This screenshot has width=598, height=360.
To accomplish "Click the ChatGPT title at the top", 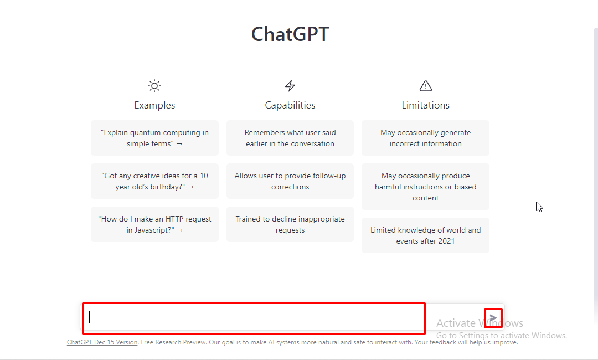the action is [290, 34].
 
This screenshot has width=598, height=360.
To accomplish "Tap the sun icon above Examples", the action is [154, 86].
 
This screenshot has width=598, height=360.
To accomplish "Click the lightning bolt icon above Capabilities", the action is [290, 86].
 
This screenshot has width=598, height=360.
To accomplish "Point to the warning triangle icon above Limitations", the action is [426, 86].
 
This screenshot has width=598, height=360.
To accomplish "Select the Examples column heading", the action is [154, 105].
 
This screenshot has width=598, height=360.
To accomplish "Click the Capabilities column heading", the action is [290, 105].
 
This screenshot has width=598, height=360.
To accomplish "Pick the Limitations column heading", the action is [426, 105].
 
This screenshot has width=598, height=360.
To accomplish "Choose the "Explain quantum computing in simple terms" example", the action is [154, 138].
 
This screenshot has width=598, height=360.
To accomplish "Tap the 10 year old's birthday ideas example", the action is [154, 181].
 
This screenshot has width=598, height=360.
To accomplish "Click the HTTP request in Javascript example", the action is [154, 224].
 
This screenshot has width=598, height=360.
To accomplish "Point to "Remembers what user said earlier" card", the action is [290, 138].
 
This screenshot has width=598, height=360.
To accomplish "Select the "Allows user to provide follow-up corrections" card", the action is [290, 181].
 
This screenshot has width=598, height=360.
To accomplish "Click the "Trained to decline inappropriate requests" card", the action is [290, 224].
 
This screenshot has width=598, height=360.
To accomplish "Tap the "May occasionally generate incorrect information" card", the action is [426, 138].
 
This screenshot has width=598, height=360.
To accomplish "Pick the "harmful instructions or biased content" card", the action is [426, 187].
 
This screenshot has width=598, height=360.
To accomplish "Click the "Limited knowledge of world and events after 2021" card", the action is [426, 235].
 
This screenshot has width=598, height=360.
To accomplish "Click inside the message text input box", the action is [254, 318].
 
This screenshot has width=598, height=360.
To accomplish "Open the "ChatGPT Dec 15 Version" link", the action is [102, 342].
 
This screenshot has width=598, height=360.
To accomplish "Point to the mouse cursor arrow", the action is [539, 207].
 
